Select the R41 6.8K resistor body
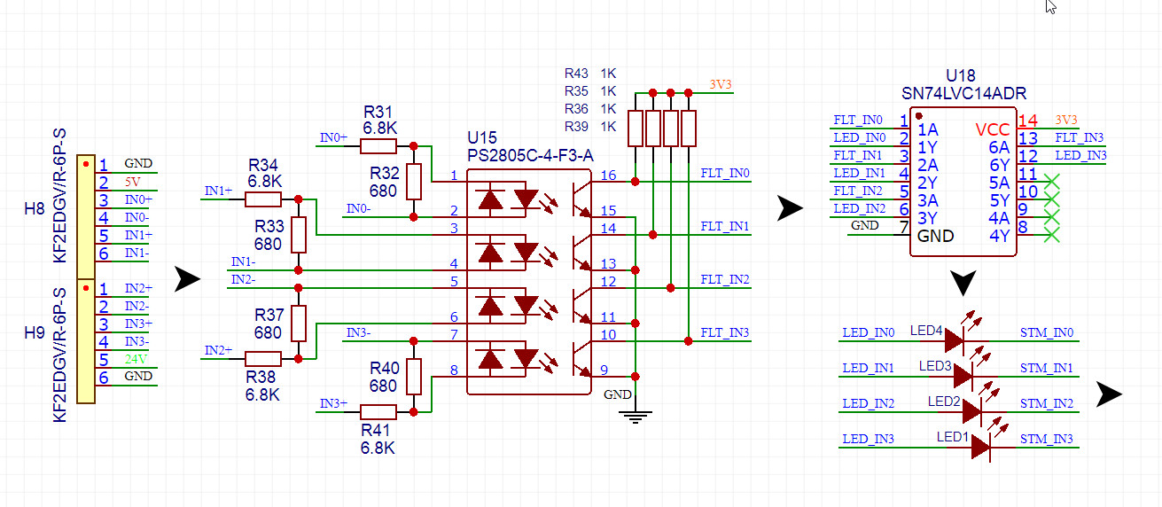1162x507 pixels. tap(378, 411)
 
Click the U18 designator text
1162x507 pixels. tap(963, 77)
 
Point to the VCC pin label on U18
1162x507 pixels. tap(992, 129)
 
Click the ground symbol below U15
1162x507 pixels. tap(634, 415)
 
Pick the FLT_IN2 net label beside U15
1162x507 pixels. tap(725, 279)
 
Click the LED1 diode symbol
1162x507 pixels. tap(980, 447)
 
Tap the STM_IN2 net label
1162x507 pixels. tap(1047, 404)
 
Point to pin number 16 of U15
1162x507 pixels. tap(607, 175)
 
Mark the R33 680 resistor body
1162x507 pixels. tap(299, 235)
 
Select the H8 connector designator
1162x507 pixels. tap(35, 209)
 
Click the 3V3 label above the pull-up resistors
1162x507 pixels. tap(721, 84)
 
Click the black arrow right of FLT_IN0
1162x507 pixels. tap(790, 209)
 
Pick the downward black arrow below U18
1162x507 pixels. tap(963, 284)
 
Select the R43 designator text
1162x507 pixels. tap(576, 74)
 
